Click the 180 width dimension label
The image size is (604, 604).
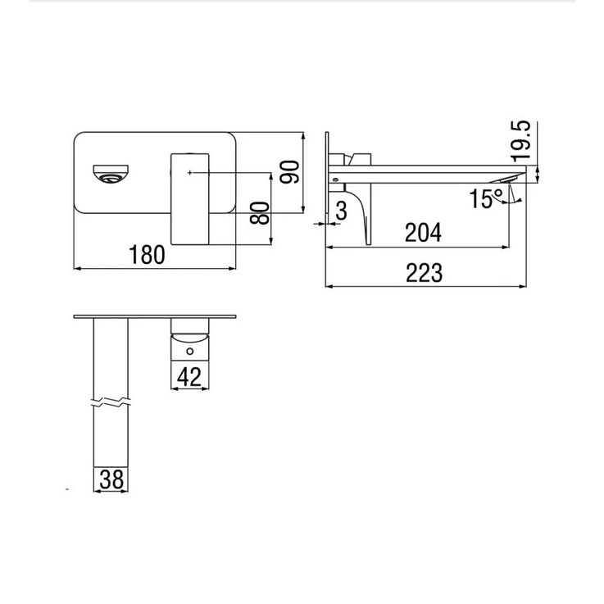147,255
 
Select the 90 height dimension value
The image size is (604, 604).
289,172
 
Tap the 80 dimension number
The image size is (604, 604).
260,212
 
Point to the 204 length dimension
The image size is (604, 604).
423,233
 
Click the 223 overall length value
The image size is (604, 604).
424,273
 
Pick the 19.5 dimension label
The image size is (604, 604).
521,140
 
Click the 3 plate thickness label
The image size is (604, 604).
341,211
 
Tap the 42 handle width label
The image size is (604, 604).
189,377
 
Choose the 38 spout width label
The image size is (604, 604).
111,479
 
